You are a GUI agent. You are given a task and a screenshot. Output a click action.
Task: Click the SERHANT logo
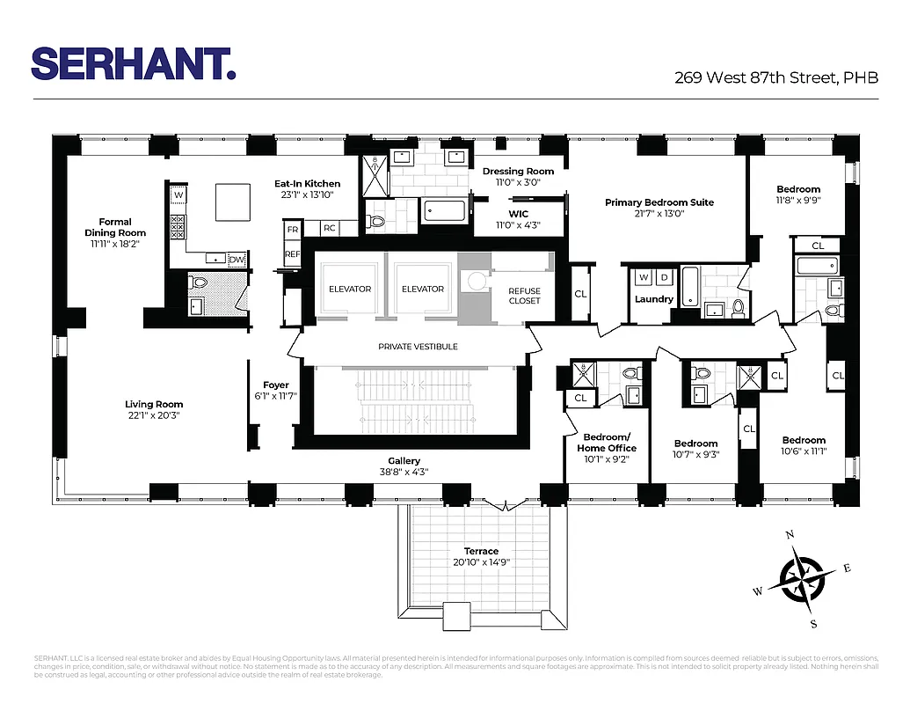point(133,63)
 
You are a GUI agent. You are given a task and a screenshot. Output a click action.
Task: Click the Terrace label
point(481,552)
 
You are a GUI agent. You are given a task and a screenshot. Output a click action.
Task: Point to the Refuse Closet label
point(524,296)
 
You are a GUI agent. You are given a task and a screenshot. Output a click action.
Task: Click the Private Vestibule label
point(418,347)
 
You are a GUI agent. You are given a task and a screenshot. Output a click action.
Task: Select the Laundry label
point(654,299)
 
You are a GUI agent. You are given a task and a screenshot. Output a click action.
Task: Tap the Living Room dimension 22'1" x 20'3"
point(154,415)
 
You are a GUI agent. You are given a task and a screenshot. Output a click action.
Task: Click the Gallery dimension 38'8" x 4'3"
point(404,472)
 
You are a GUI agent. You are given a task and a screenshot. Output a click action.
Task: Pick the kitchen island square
point(231,203)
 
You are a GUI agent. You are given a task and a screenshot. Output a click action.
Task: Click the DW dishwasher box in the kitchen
point(236,259)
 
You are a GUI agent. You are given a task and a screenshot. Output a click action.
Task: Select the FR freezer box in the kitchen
point(291,228)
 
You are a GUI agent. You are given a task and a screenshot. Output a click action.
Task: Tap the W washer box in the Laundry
point(643,277)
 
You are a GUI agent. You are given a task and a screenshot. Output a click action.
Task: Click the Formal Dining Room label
point(115,227)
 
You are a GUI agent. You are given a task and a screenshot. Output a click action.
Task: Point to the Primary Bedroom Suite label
point(659,202)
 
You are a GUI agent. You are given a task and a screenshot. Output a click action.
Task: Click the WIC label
point(518,214)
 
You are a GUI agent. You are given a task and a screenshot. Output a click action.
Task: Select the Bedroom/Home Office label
point(607,443)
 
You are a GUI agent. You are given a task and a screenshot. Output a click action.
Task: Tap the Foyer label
point(276,385)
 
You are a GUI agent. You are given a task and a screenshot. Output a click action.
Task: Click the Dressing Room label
point(518,171)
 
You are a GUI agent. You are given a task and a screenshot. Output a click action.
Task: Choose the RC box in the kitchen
point(329,228)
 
